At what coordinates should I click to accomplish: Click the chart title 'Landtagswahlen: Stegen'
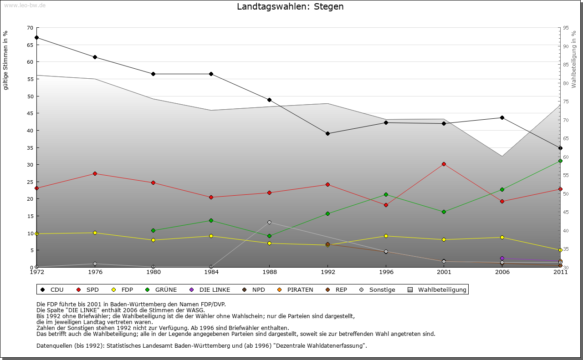point(290,7)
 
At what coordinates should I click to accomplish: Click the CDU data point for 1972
point(36,38)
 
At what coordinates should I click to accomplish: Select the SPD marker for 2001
point(444,164)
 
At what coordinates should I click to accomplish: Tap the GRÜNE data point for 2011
point(560,161)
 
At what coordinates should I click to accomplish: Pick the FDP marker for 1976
point(95,233)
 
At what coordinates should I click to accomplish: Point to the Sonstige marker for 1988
point(269,222)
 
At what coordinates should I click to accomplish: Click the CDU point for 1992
point(327,133)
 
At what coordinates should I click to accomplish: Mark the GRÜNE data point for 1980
point(153,230)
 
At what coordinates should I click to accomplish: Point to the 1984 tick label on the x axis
point(211,272)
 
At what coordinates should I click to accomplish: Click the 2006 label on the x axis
point(502,272)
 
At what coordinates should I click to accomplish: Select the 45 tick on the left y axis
point(30,113)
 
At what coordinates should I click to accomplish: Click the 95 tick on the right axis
point(566,28)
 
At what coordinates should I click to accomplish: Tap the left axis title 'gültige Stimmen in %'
point(6,60)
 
